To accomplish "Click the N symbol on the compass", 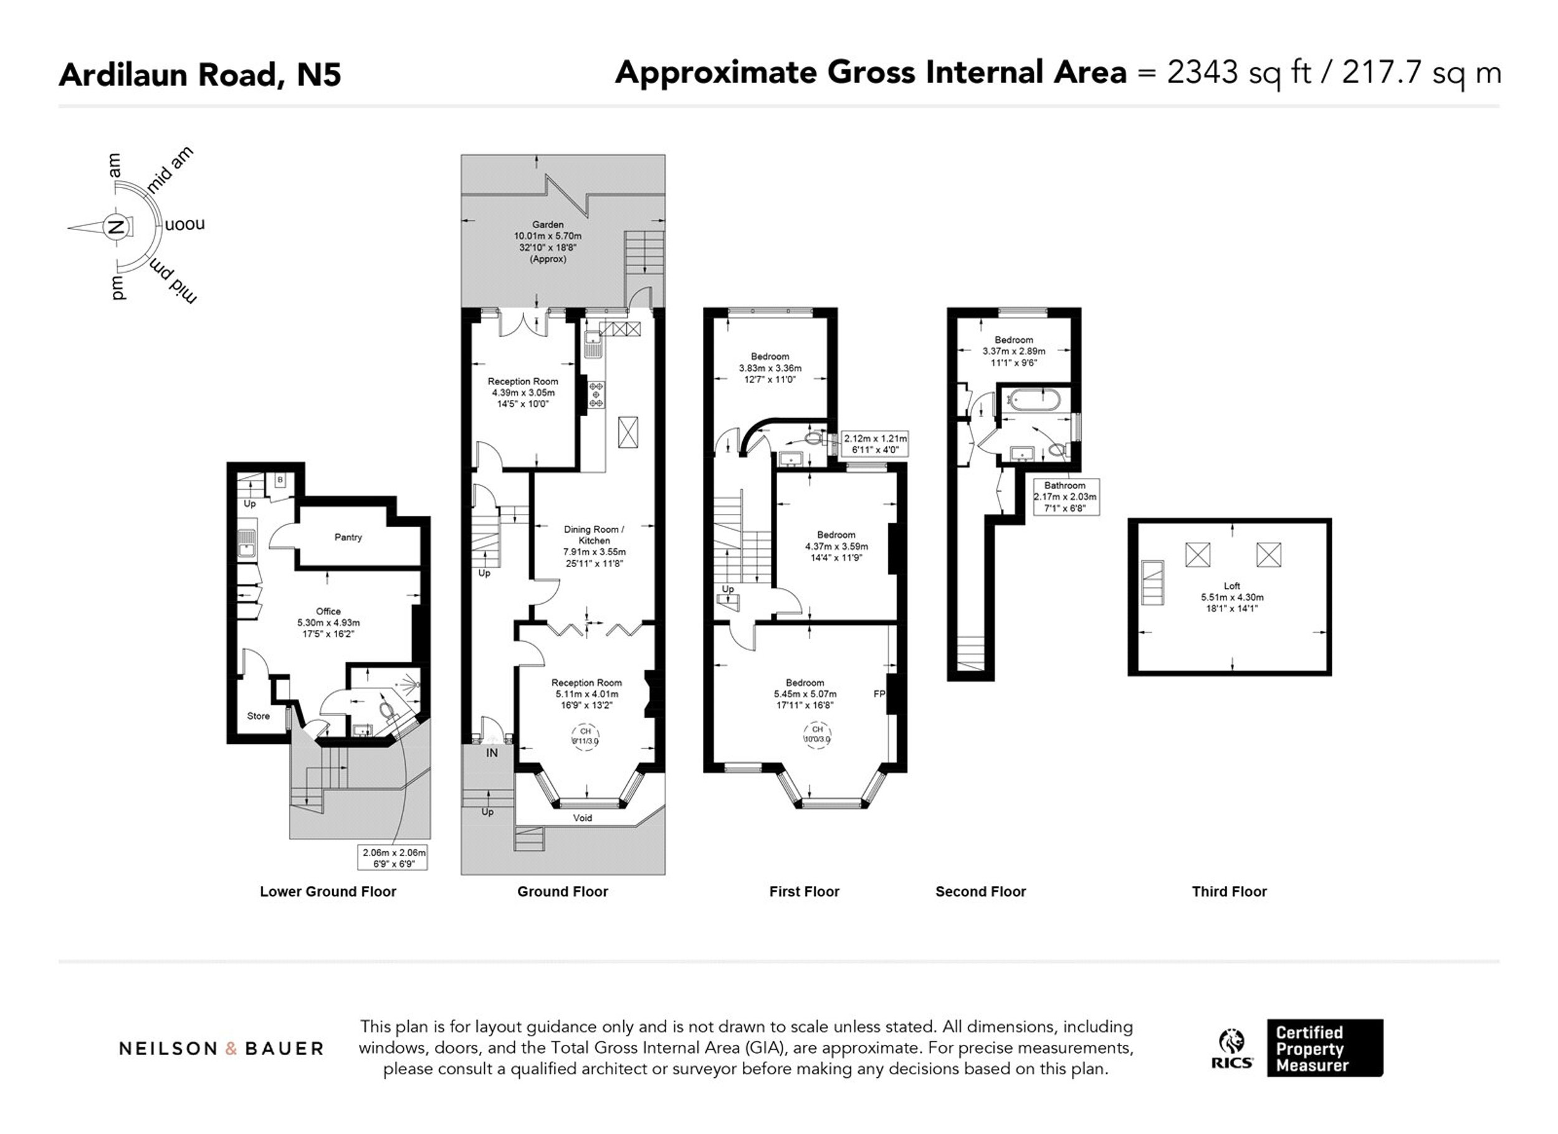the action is pyautogui.click(x=116, y=227).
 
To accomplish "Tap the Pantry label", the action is pyautogui.click(x=348, y=537).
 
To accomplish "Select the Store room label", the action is pyautogui.click(x=258, y=716).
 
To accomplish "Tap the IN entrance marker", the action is pyautogui.click(x=492, y=753).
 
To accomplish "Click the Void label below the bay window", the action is pyautogui.click(x=583, y=818).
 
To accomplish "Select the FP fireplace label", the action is pyautogui.click(x=879, y=693).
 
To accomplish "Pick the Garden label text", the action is pyautogui.click(x=548, y=224).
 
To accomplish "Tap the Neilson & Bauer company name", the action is pyautogui.click(x=221, y=1048).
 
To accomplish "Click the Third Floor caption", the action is pyautogui.click(x=1229, y=892).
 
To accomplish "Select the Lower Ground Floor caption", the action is pyautogui.click(x=328, y=892).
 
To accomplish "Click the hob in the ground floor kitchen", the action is pyautogui.click(x=596, y=395).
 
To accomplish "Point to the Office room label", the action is pyautogui.click(x=328, y=611).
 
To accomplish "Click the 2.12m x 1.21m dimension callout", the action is pyautogui.click(x=875, y=444).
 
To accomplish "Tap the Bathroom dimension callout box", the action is pyautogui.click(x=1065, y=497).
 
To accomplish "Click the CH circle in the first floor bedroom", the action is pyautogui.click(x=818, y=734).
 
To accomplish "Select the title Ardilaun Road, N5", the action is pyautogui.click(x=200, y=74).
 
